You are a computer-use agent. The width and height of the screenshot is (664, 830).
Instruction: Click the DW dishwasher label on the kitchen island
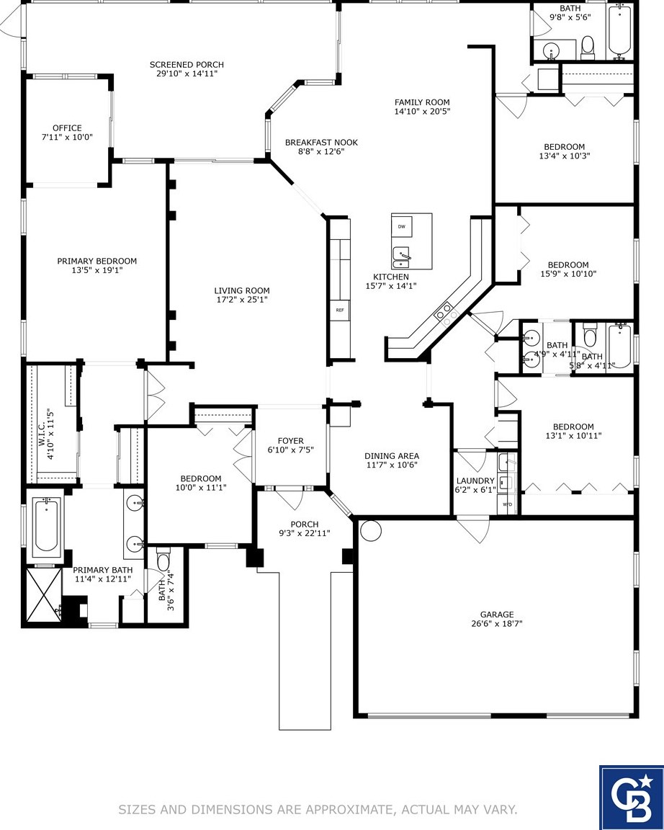point(401,226)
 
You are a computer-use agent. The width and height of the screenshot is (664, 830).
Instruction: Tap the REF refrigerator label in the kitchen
point(339,310)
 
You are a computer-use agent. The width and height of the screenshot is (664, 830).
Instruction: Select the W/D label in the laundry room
point(507,504)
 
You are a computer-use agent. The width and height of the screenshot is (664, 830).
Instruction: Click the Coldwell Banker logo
point(631,797)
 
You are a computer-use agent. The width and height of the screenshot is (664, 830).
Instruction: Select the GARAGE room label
point(497,615)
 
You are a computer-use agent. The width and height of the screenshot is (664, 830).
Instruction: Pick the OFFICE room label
point(67,128)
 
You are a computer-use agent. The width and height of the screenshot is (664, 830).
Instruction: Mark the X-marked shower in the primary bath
point(43,592)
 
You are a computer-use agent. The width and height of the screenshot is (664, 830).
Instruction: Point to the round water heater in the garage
point(370,531)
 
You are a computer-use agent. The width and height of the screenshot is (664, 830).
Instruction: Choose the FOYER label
point(290,441)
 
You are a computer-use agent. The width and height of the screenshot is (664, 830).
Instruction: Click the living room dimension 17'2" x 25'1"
point(242,299)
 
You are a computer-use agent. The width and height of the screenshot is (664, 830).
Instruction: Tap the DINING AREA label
point(391,456)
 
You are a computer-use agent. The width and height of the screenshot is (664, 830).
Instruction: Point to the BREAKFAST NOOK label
point(321,143)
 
